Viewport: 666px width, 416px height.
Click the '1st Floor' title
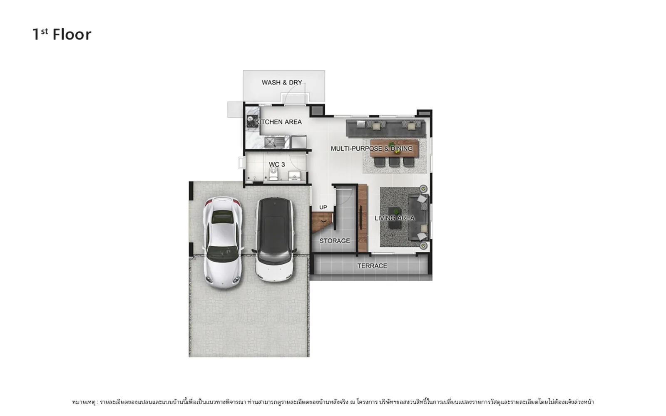coord(62,35)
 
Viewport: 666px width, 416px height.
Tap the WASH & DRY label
coord(282,82)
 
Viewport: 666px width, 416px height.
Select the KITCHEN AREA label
coord(278,122)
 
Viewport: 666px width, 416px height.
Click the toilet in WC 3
coord(273,174)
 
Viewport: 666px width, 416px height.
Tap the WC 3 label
coord(277,164)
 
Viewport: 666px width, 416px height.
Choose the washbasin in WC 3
coord(294,176)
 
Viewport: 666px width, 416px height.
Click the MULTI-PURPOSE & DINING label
coord(372,148)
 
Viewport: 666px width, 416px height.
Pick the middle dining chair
coord(394,161)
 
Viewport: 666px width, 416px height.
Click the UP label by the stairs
coord(323,207)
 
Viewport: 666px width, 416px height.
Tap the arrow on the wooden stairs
coord(324,221)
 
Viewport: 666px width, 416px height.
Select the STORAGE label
coord(335,241)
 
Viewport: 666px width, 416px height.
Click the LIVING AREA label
coord(394,218)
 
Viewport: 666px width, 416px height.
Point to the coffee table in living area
coord(394,218)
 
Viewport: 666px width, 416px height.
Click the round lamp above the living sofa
coord(423,189)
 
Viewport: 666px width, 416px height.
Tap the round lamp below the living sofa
coord(423,245)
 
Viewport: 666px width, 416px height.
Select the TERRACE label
coord(372,266)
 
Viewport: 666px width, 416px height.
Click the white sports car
coord(223,242)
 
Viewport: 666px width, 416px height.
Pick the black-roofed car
coord(274,240)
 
